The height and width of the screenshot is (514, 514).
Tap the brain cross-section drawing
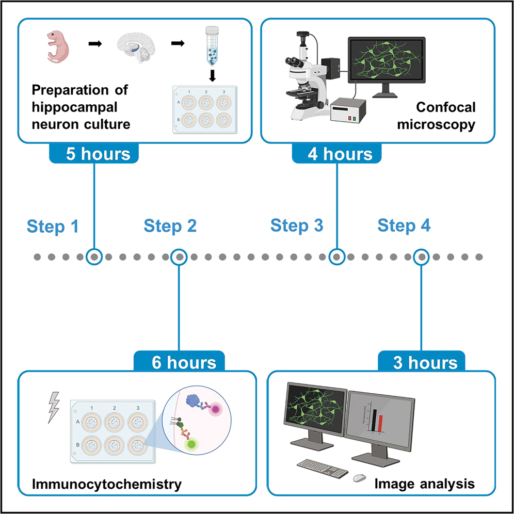point(138,49)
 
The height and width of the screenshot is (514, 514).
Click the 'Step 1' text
point(53,227)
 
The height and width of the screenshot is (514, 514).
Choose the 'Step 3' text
point(297,226)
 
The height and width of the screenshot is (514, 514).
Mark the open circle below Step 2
point(179,256)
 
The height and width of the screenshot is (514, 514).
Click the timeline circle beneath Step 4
point(422,256)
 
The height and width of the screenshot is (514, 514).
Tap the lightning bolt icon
point(53,406)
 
